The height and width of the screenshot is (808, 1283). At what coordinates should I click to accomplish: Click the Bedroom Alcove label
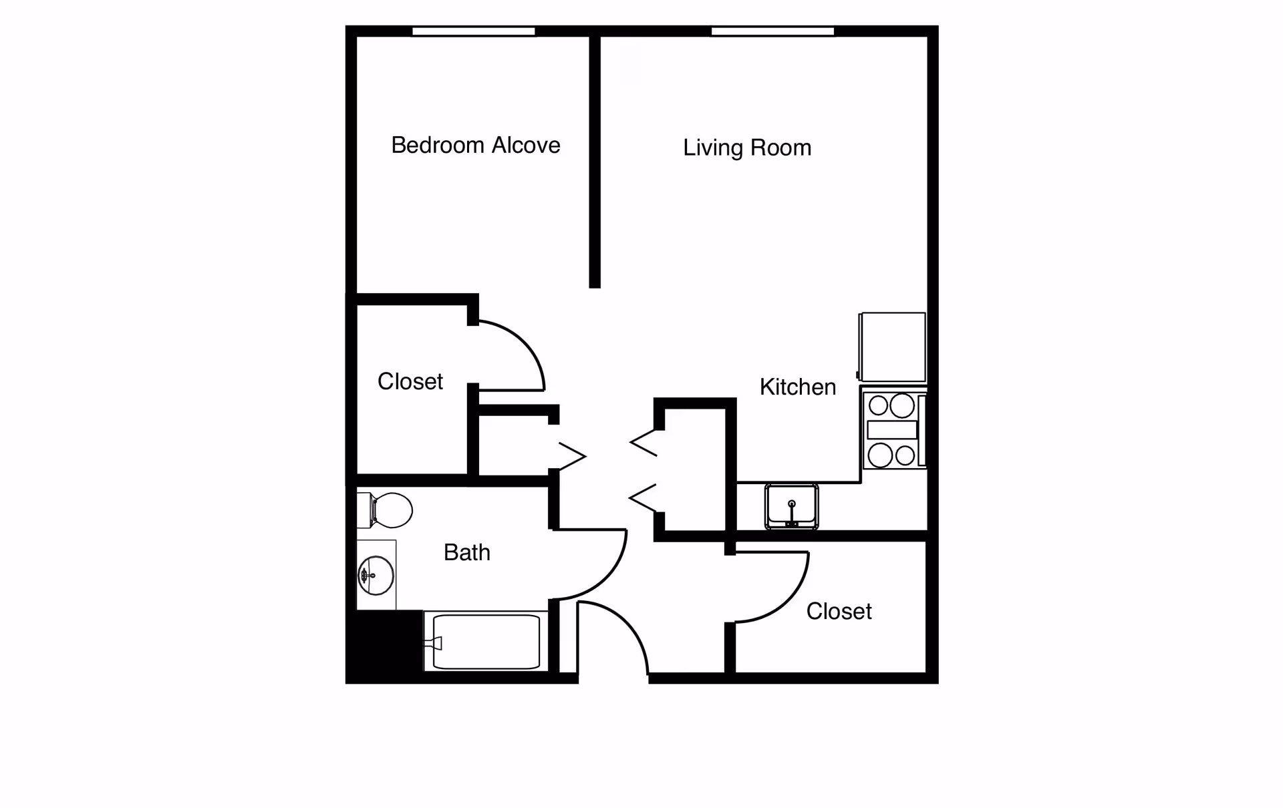(476, 145)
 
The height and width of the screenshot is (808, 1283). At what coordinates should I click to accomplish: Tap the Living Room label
(747, 148)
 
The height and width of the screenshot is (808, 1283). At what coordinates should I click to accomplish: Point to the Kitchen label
(798, 387)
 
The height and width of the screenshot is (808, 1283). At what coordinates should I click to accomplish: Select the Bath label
(467, 552)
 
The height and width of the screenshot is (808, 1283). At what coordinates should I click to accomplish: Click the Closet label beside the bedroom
(410, 381)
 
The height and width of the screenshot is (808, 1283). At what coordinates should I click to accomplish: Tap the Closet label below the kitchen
(839, 611)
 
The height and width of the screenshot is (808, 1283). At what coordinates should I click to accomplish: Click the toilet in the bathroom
(385, 510)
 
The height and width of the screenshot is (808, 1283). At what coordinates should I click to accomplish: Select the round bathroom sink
(376, 575)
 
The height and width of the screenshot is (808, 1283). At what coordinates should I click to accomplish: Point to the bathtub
(486, 641)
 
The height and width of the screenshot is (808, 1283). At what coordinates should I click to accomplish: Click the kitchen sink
(792, 506)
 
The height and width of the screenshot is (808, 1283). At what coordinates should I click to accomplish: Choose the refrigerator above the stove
(893, 347)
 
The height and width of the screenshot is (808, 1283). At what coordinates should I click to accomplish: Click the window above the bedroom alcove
(474, 31)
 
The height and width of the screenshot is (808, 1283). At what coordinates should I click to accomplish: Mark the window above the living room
(773, 31)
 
